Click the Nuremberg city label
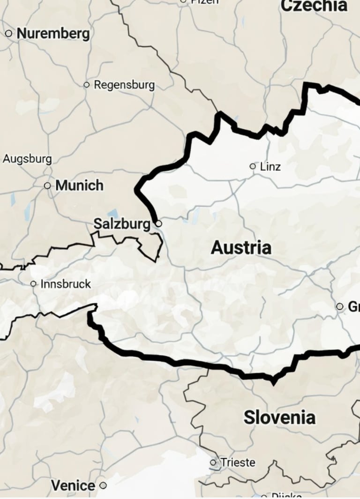tap(53, 34)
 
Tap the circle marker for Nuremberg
tap(8, 33)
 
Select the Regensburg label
tap(124, 85)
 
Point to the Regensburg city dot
tap(86, 85)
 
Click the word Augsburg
tap(27, 159)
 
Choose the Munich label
tap(79, 186)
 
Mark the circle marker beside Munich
tap(47, 186)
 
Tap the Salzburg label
tap(122, 224)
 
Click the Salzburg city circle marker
tap(158, 224)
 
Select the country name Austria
tap(241, 248)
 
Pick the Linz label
tap(270, 166)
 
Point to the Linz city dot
tap(253, 166)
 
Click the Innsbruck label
tap(66, 284)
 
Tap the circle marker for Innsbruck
tap(33, 283)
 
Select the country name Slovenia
tap(279, 417)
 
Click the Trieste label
tap(238, 462)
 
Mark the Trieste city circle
tap(213, 462)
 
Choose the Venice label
tap(73, 485)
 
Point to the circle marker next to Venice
tap(103, 485)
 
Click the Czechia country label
tap(314, 6)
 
